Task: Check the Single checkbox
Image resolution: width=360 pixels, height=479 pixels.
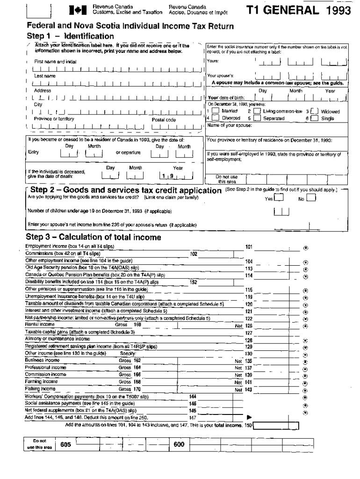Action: coord(315,119)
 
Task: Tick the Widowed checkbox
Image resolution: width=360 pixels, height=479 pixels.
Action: coord(315,111)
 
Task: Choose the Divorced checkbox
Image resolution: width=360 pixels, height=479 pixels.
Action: coord(216,119)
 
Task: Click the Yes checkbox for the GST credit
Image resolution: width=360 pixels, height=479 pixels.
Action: coord(278,198)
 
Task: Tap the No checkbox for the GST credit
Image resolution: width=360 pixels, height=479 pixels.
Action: coord(311,198)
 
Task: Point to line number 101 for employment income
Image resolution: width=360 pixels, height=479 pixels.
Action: coord(249,247)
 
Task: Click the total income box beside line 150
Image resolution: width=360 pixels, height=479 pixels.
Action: coord(276,426)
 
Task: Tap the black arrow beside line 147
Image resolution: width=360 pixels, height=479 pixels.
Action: coord(249,417)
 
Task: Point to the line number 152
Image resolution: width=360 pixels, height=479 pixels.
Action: coord(194,282)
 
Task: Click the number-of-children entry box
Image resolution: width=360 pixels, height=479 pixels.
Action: coord(281,212)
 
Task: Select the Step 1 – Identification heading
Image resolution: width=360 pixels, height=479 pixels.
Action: coord(71,36)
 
